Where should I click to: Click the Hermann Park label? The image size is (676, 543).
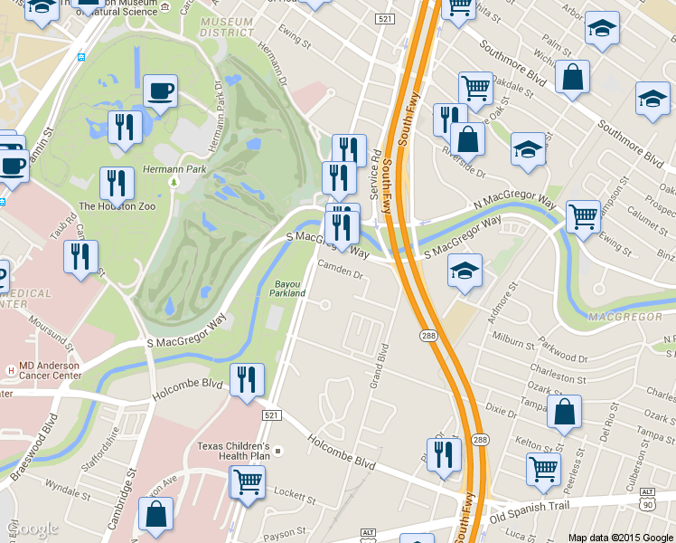coord(174,169)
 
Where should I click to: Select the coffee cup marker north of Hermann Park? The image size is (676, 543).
coord(160,91)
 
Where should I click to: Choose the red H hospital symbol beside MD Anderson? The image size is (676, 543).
coord(10,369)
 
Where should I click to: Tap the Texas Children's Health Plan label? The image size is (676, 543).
coord(234,452)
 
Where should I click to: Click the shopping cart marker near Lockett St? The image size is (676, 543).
coord(247,482)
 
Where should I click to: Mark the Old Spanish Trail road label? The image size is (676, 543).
coord(532,517)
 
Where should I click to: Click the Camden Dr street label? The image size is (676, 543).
coord(341,271)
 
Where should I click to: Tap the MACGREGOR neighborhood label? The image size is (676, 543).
coord(619,318)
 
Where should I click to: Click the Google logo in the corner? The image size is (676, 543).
coord(32,528)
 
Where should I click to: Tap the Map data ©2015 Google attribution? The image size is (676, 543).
coord(621,537)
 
